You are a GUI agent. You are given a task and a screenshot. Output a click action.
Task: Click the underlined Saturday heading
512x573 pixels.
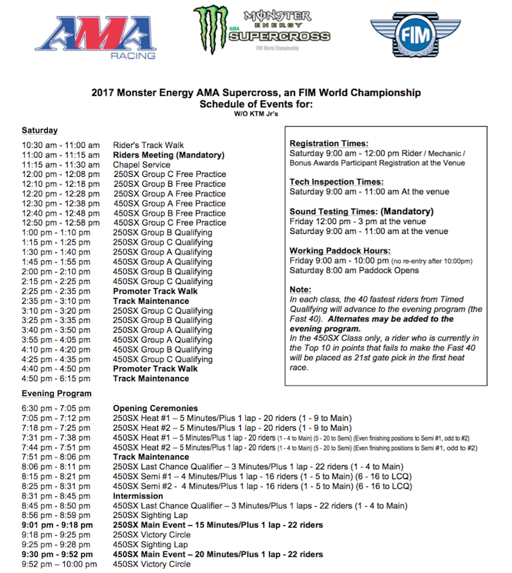pyautogui.click(x=39, y=130)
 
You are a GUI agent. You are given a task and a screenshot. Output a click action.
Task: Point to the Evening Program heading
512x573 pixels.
pyautogui.click(x=56, y=393)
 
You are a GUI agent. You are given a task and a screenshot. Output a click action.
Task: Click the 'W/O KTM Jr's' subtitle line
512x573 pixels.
pyautogui.click(x=256, y=113)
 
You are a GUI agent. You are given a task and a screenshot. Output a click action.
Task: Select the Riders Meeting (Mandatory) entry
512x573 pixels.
pyautogui.click(x=168, y=155)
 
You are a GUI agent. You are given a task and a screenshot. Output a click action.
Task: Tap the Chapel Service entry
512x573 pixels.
pyautogui.click(x=142, y=165)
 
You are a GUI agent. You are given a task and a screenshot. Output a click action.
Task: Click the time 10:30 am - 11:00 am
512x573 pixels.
pyautogui.click(x=60, y=145)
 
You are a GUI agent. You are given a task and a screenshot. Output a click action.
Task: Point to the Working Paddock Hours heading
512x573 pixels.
pyautogui.click(x=339, y=251)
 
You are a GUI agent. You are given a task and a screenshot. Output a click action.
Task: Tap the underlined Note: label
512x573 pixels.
pyautogui.click(x=301, y=290)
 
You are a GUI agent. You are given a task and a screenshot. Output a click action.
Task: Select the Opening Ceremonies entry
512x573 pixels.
pyautogui.click(x=155, y=408)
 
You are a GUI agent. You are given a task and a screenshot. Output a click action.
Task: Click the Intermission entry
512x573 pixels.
pyautogui.click(x=138, y=496)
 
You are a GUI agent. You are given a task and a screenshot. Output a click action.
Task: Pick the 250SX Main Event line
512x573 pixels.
pyautogui.click(x=218, y=525)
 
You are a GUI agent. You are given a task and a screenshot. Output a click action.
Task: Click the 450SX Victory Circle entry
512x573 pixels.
pyautogui.click(x=151, y=564)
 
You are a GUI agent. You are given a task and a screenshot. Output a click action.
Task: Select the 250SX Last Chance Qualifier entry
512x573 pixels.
pyautogui.click(x=258, y=467)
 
